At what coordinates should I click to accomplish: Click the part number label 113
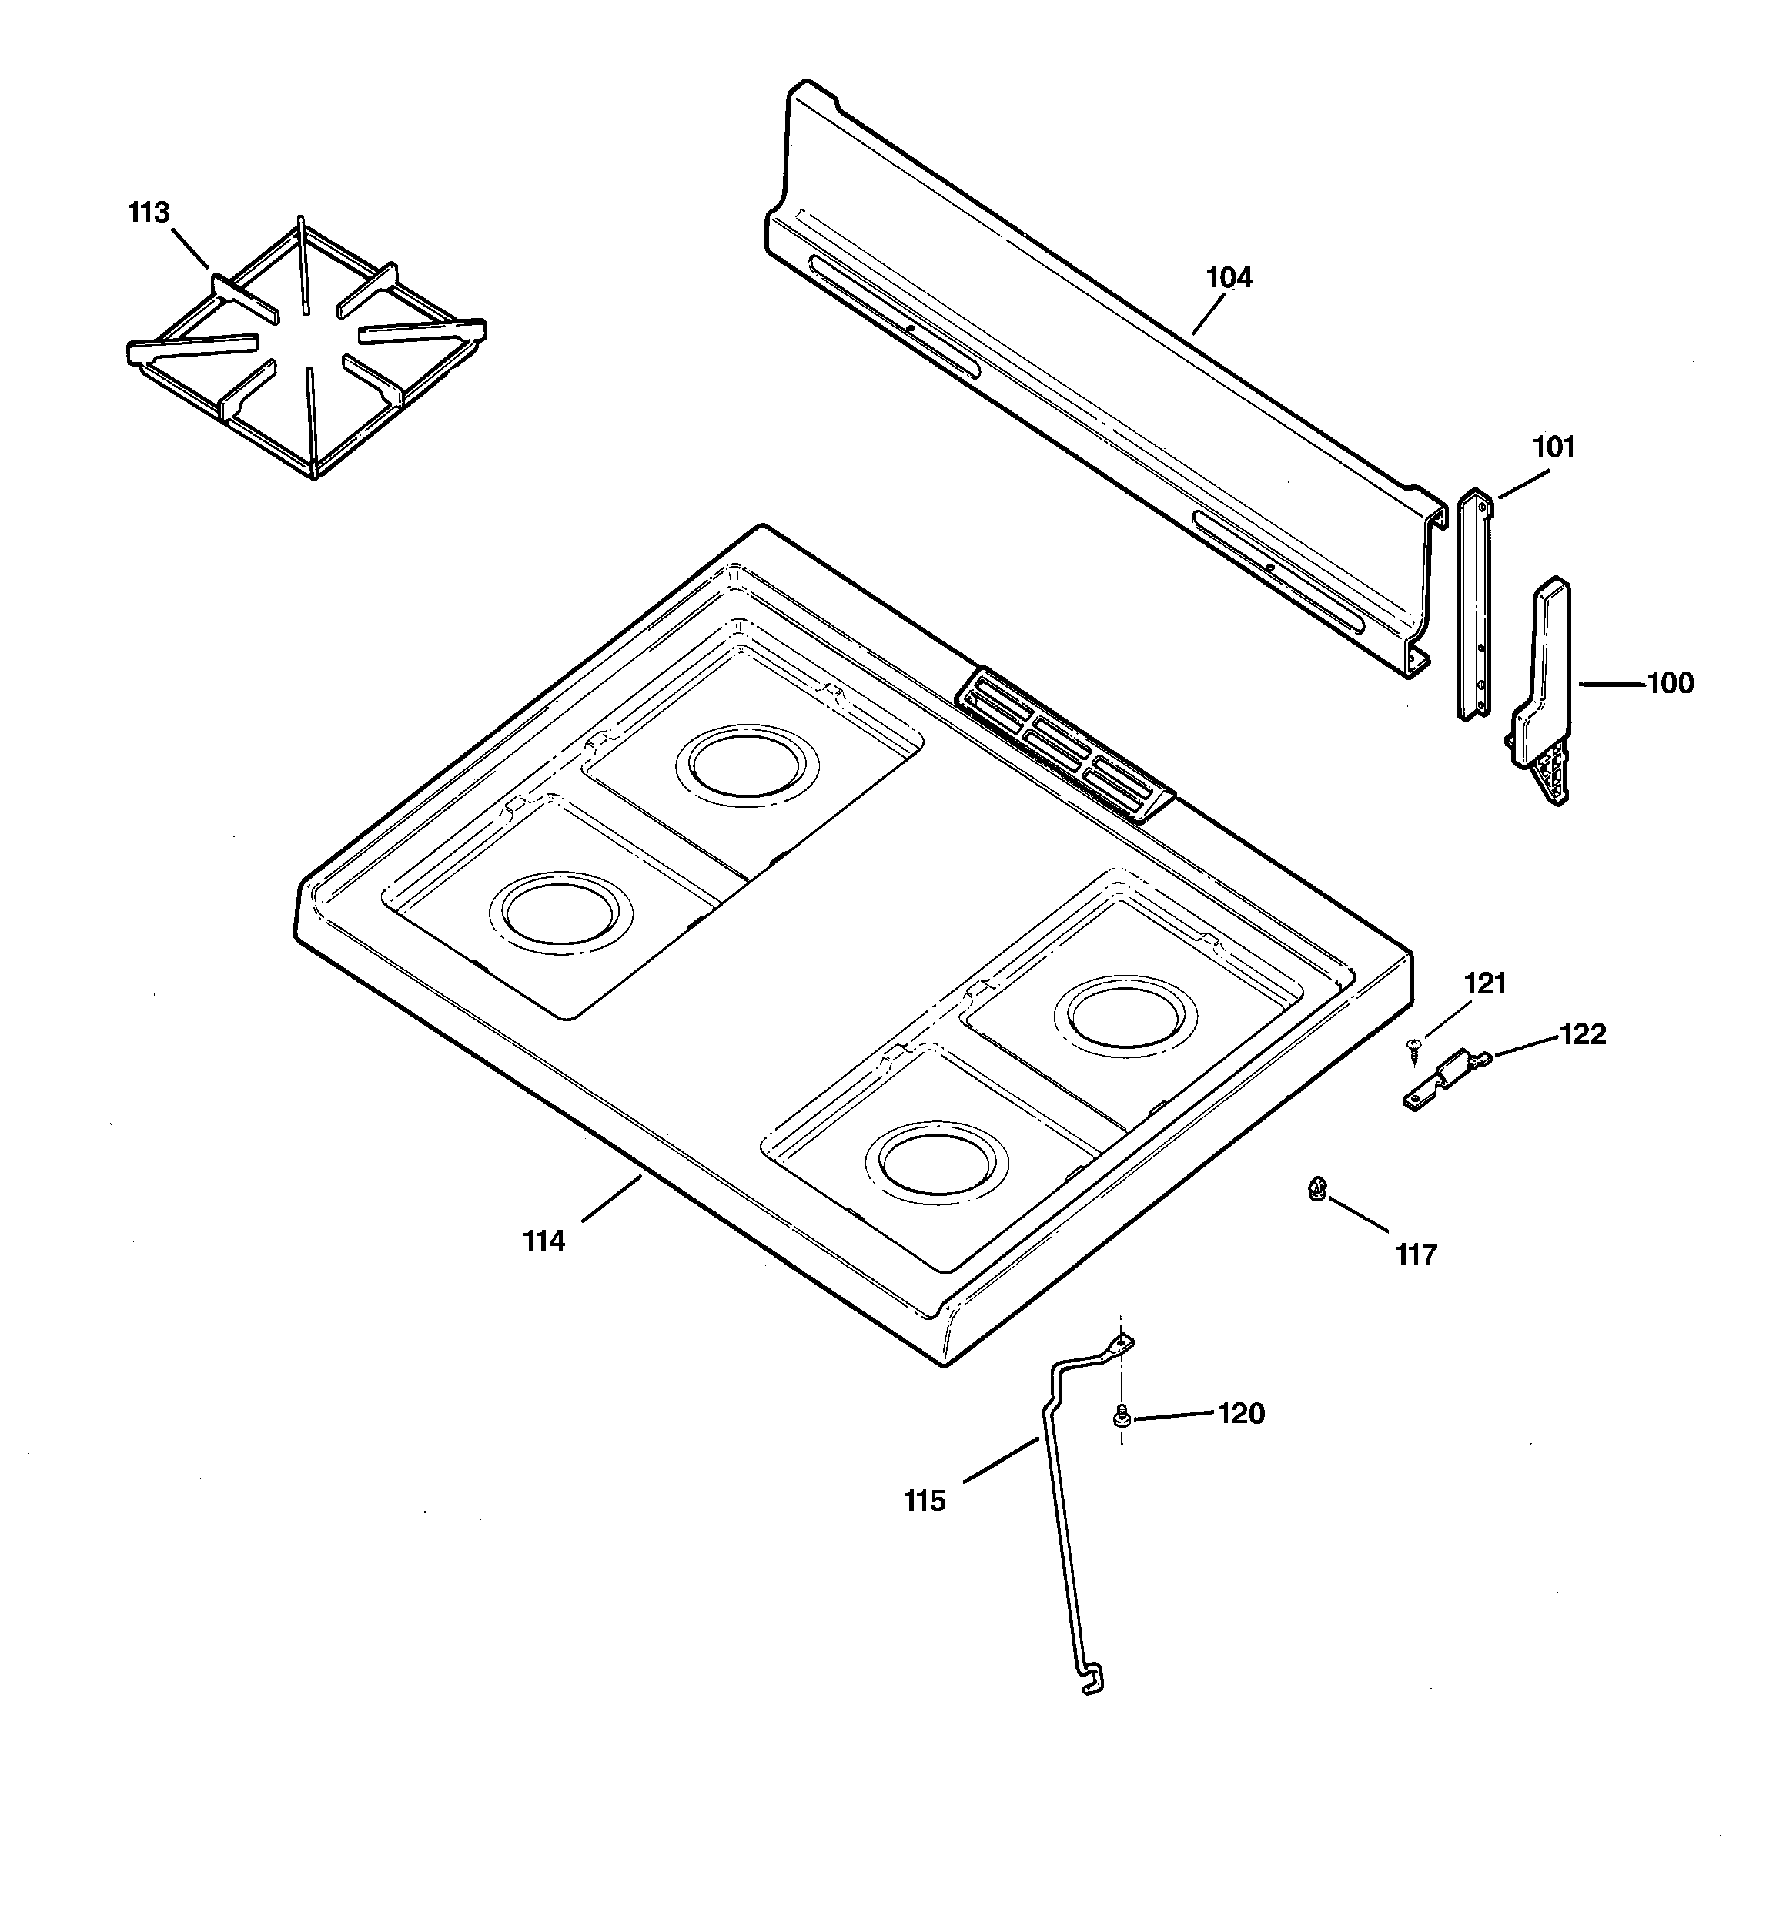[x=149, y=213]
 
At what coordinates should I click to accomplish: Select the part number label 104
[x=1228, y=278]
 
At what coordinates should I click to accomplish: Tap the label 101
[x=1553, y=447]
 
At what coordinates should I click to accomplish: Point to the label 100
[x=1670, y=684]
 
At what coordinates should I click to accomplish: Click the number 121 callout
[x=1485, y=983]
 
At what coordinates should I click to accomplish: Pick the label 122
[x=1582, y=1034]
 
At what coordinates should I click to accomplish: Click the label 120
[x=1240, y=1414]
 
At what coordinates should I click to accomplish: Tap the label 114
[x=543, y=1241]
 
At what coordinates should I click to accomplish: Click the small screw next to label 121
[x=1412, y=1049]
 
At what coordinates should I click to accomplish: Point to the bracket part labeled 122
[x=1447, y=1079]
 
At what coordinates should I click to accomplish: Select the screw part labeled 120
[x=1119, y=1416]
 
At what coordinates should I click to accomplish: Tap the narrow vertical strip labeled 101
[x=1474, y=604]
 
